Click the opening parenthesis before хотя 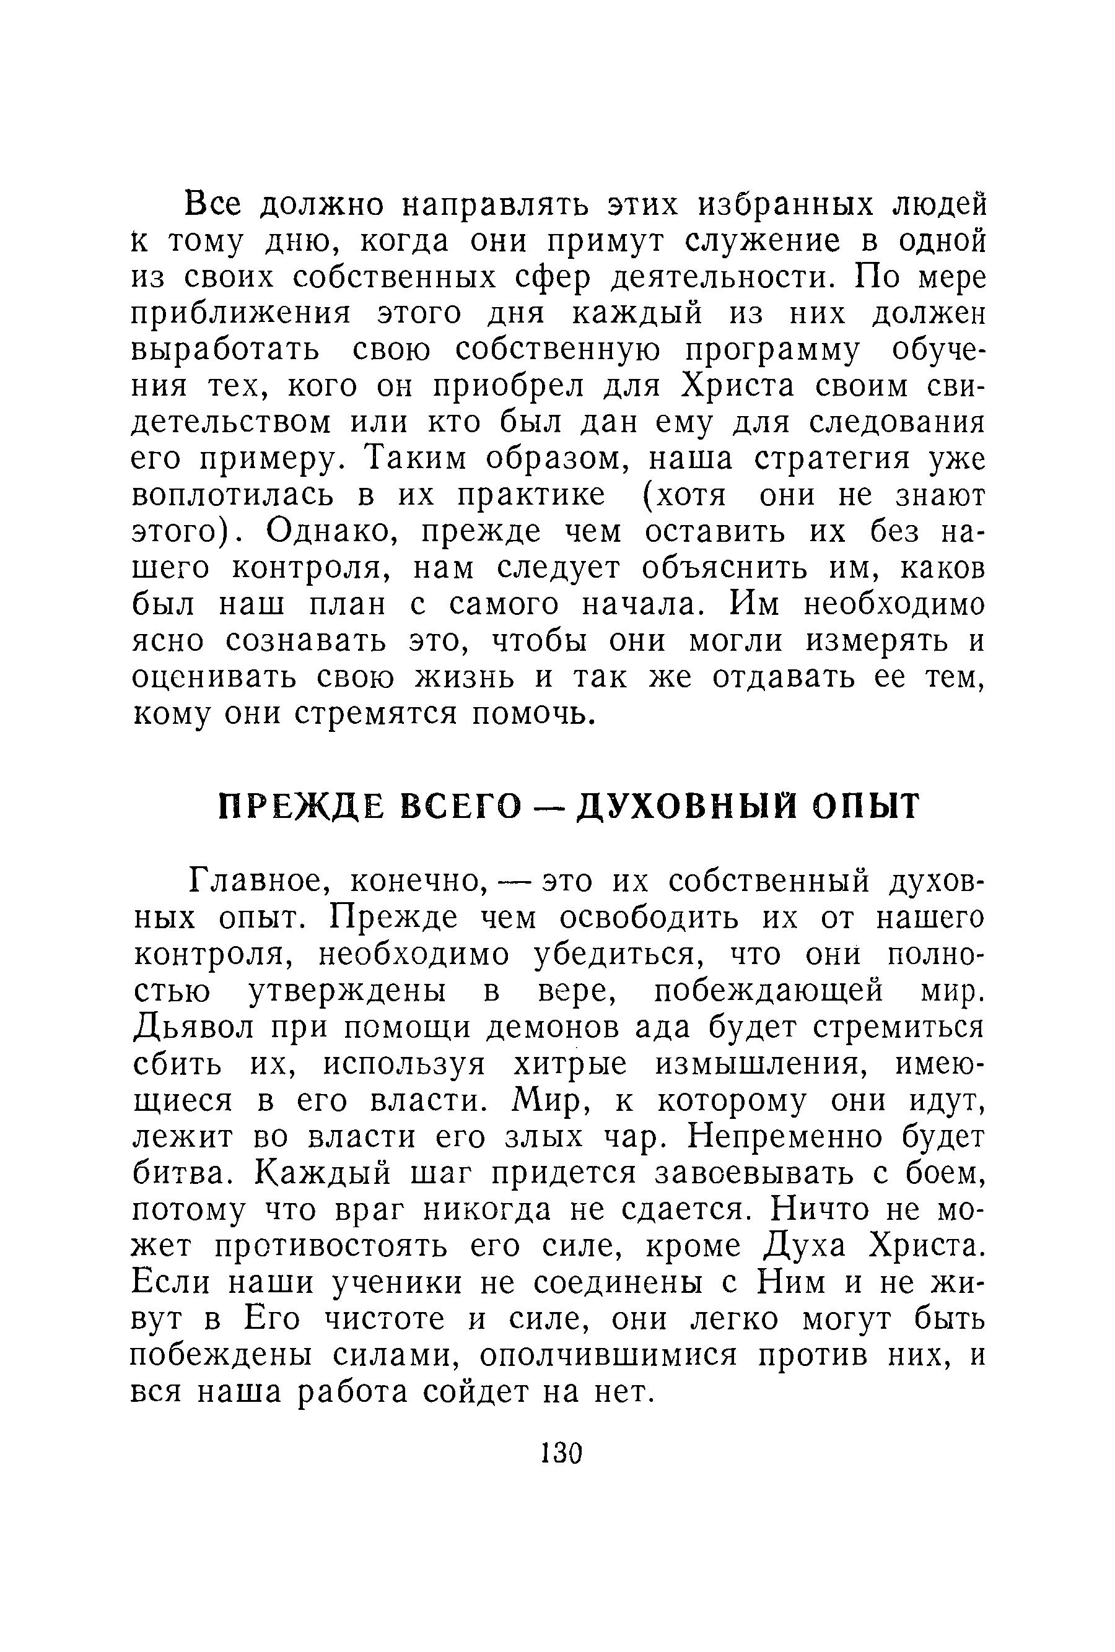[648, 496]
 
